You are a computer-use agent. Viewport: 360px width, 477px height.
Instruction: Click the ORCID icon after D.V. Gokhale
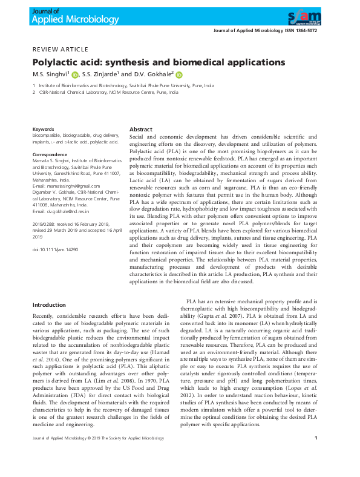tap(179, 75)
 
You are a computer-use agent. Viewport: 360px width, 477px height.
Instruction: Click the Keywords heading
tap(43, 130)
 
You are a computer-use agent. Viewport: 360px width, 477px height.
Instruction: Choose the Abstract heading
tap(141, 130)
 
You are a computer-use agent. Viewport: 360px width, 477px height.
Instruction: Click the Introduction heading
tap(49, 305)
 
